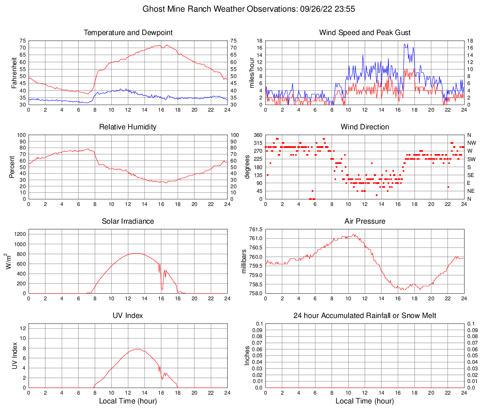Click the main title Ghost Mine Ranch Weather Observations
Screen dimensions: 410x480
tap(240, 9)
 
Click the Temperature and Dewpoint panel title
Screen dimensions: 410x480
tap(128, 33)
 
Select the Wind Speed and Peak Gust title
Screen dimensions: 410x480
tap(365, 33)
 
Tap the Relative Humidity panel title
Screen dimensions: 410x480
tap(128, 127)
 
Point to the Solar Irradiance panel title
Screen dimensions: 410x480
tap(128, 221)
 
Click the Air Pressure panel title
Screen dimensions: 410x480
tap(365, 221)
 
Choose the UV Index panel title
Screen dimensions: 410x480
tap(128, 316)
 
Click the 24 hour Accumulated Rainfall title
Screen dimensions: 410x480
tap(365, 316)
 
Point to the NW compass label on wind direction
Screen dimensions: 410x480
tap(471, 143)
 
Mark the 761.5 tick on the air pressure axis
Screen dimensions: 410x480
tap(255, 229)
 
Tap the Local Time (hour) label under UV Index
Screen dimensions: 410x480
tap(128, 401)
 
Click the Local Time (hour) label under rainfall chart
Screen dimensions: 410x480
tap(365, 401)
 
